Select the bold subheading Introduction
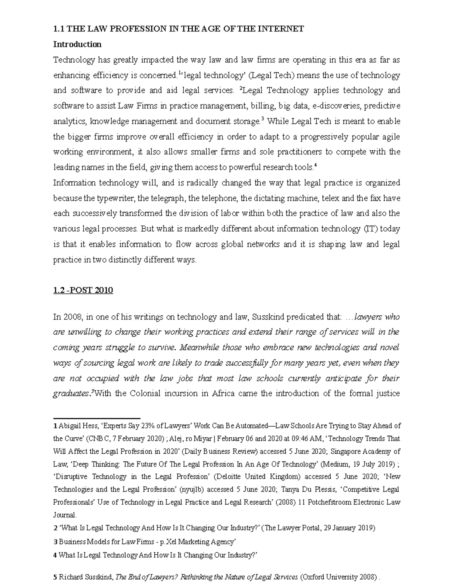pos(77,44)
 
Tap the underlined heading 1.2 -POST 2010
pos(83,291)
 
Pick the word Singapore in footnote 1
pos(347,451)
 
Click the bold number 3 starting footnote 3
pos(55,541)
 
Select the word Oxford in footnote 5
pos(313,577)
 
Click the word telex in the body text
pos(317,198)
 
